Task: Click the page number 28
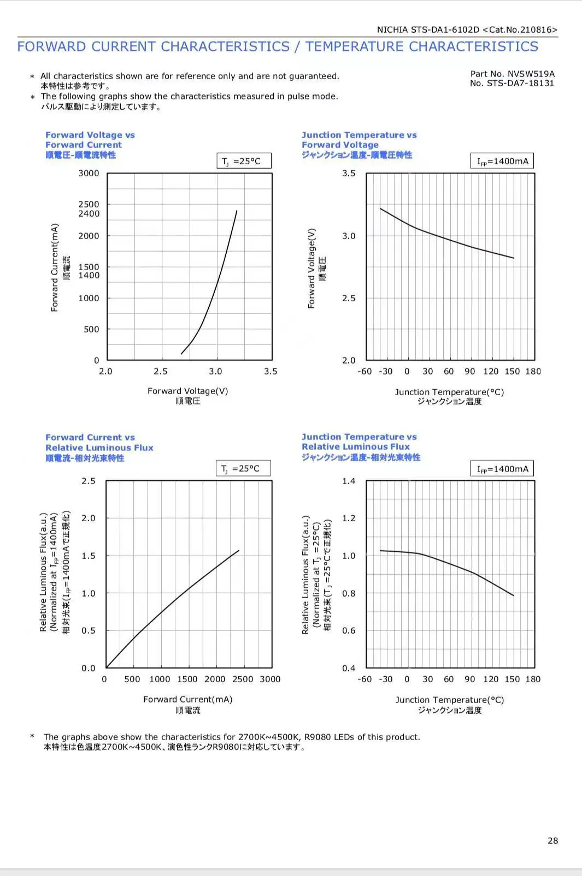click(552, 841)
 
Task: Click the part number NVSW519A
click(531, 74)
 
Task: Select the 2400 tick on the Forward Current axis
click(89, 213)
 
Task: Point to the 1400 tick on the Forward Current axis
click(89, 275)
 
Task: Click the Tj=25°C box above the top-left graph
click(244, 160)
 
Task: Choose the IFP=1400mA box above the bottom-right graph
click(502, 468)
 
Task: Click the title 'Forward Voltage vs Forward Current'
click(90, 140)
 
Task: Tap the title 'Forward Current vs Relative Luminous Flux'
click(99, 442)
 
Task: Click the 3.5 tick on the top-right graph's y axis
click(349, 173)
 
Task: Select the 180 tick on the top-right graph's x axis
click(533, 371)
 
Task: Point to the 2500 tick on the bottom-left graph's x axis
click(243, 679)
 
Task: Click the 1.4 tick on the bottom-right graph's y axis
click(349, 481)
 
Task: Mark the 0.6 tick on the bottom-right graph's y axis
click(349, 630)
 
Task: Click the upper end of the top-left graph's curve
click(237, 211)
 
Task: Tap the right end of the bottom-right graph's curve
click(514, 595)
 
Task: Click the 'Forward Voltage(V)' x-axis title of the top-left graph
click(187, 391)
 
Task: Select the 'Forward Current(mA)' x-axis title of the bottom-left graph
click(187, 699)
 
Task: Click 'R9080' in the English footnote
click(317, 737)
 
